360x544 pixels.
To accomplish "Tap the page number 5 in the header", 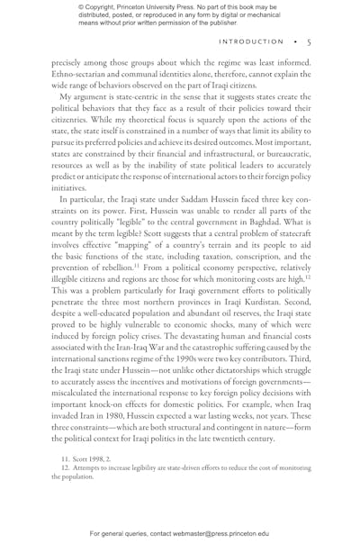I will (x=308, y=41).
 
